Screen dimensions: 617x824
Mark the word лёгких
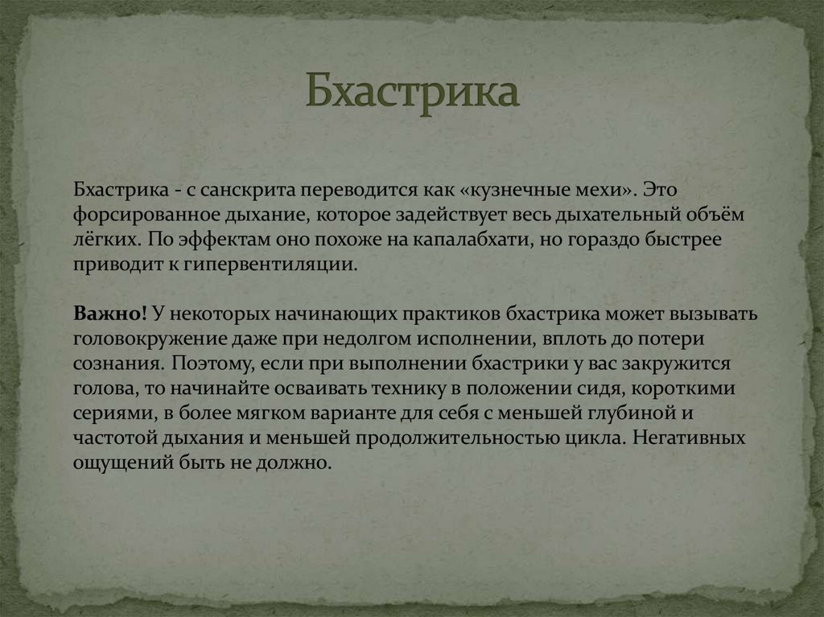click(105, 240)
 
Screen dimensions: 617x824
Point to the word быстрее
click(677, 240)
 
